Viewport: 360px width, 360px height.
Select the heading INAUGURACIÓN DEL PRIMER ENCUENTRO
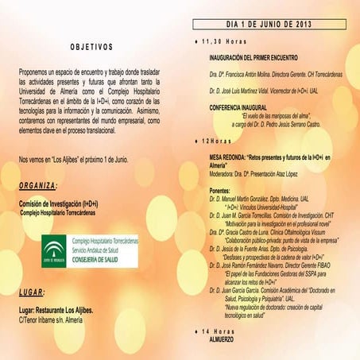point(254,58)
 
